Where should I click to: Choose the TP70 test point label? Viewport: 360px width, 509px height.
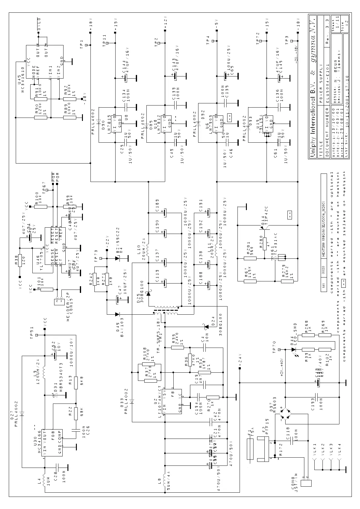(x=274, y=347)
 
